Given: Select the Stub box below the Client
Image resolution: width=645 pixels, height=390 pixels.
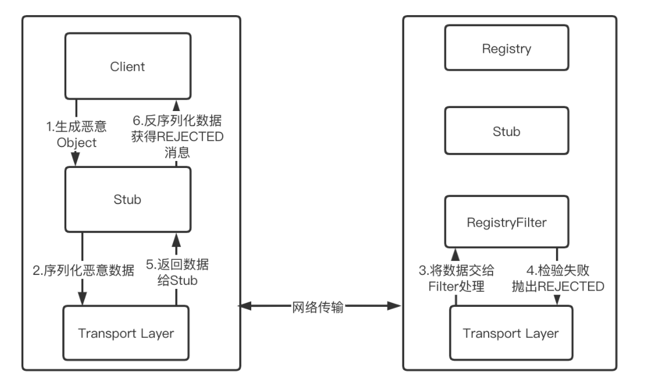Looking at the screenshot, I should tap(127, 200).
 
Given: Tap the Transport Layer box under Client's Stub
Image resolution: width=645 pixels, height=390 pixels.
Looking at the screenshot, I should tap(127, 334).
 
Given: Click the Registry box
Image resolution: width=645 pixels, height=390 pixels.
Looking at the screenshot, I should tap(507, 49).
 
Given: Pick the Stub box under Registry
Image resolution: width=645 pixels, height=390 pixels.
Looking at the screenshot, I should tap(507, 131).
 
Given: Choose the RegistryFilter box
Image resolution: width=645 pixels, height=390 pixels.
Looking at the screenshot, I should tap(507, 221).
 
